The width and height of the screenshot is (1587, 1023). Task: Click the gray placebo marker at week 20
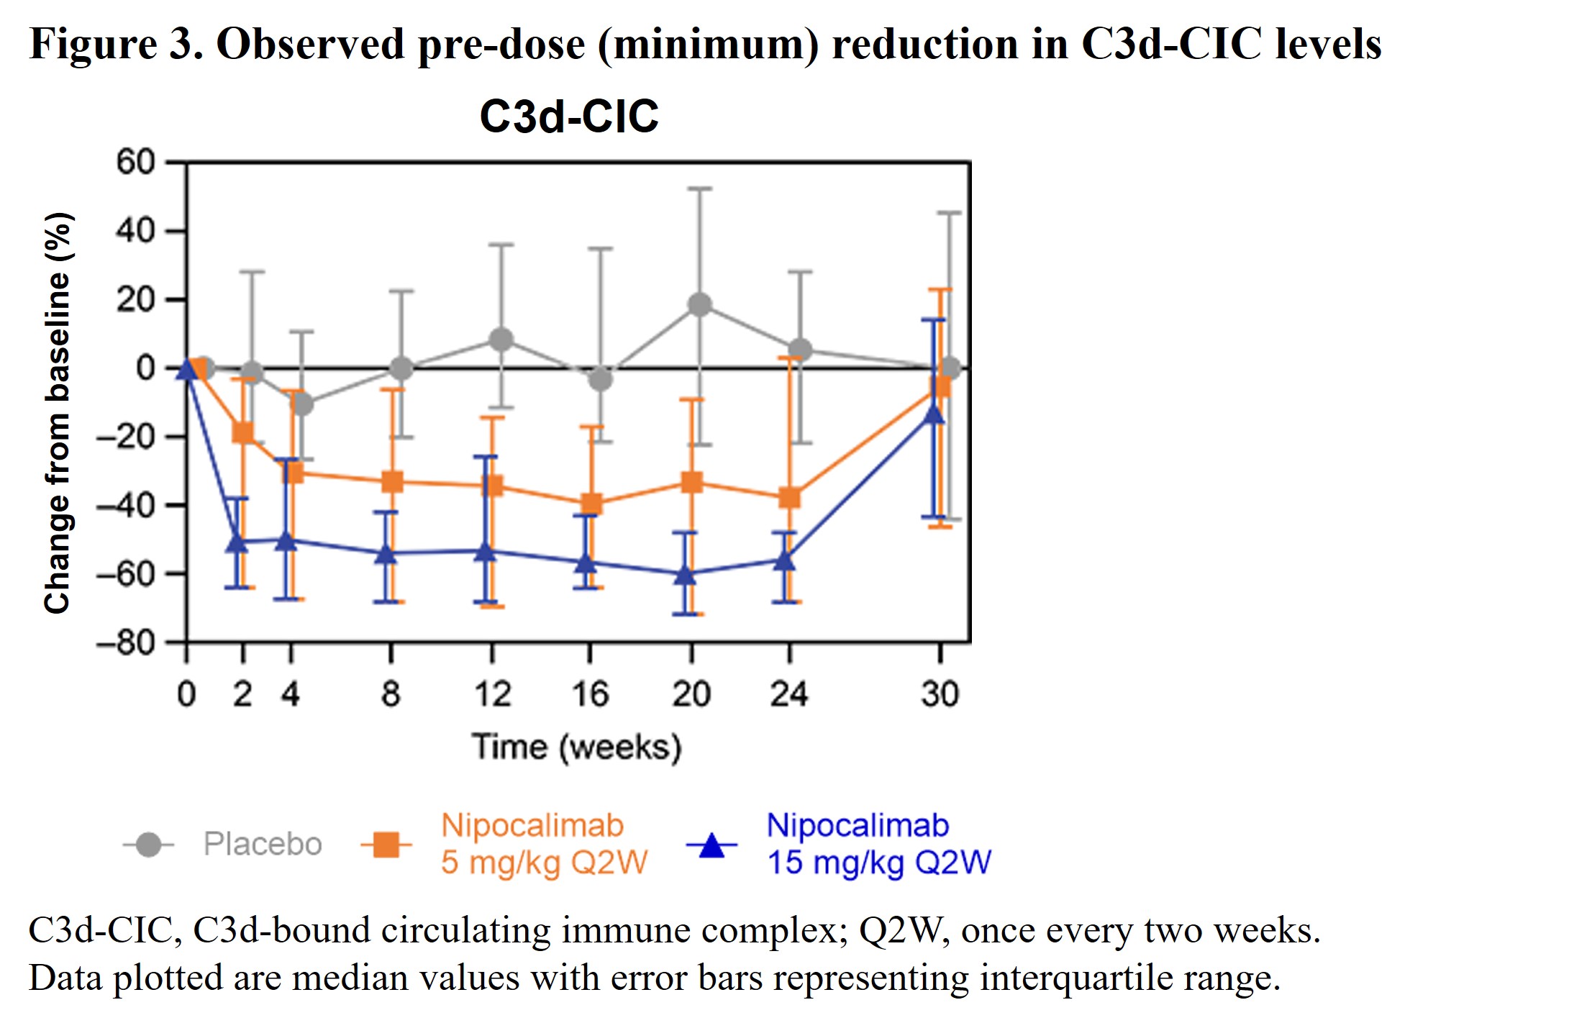pyautogui.click(x=699, y=304)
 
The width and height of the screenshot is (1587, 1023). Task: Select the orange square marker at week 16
pyautogui.click(x=591, y=504)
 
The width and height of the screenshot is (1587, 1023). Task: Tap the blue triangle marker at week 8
pyautogui.click(x=387, y=554)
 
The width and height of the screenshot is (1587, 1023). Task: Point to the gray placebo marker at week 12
pyautogui.click(x=501, y=339)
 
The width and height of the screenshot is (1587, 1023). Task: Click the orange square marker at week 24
pyautogui.click(x=790, y=497)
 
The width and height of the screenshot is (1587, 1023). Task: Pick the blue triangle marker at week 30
pyautogui.click(x=934, y=414)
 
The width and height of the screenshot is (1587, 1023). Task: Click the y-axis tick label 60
pyautogui.click(x=135, y=162)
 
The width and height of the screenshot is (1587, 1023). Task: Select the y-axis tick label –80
pyautogui.click(x=127, y=642)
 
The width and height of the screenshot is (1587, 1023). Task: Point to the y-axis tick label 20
pyautogui.click(x=135, y=299)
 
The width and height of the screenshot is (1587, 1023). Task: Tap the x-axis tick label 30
pyautogui.click(x=940, y=694)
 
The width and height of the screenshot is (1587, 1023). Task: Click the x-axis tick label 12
pyautogui.click(x=492, y=694)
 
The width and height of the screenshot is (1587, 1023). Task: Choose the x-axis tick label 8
pyautogui.click(x=391, y=694)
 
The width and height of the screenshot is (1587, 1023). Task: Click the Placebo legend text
pyautogui.click(x=263, y=844)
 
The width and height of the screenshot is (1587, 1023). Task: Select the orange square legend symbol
pyautogui.click(x=387, y=845)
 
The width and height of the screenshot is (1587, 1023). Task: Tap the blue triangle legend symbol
pyautogui.click(x=711, y=845)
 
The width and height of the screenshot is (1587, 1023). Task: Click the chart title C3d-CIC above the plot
pyautogui.click(x=569, y=117)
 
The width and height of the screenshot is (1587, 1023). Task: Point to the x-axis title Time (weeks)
pyautogui.click(x=576, y=747)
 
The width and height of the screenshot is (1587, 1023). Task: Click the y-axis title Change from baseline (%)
pyautogui.click(x=58, y=413)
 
